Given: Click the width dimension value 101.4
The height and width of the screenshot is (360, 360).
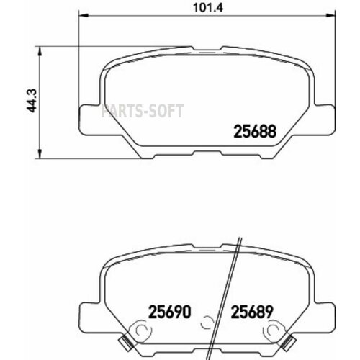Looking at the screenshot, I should [x=178, y=11].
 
